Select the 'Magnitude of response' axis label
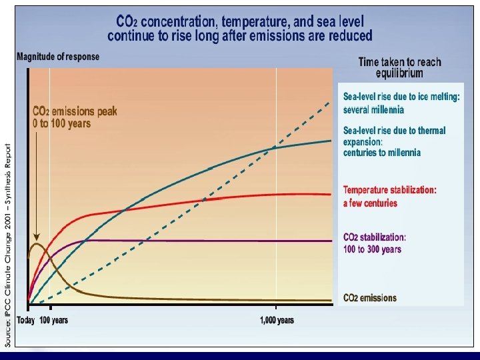(x=58, y=57)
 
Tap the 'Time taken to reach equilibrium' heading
(x=399, y=67)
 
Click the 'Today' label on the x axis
(x=26, y=321)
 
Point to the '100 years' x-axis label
(x=53, y=321)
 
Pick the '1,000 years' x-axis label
(x=277, y=321)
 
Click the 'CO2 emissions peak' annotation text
(x=75, y=117)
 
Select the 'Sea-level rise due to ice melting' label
(x=401, y=97)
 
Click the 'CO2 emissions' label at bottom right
(x=369, y=298)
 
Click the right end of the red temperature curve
(x=330, y=195)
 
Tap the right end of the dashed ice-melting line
(x=330, y=101)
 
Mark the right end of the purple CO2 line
(x=330, y=241)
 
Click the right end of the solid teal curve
(x=330, y=141)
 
